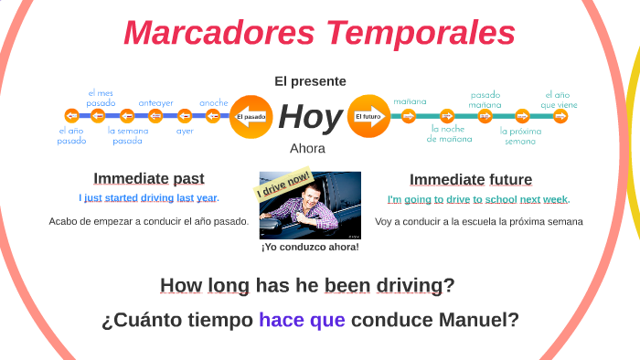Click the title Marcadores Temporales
point(319,34)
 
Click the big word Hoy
point(310,117)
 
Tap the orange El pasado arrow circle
point(251,116)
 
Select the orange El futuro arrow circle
point(368,116)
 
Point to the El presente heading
point(310,81)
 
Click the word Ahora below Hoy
point(307,148)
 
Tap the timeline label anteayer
point(155,103)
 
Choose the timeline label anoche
point(214,103)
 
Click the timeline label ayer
point(185,131)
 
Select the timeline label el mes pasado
point(101,98)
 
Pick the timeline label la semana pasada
point(127,135)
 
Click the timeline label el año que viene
point(559,99)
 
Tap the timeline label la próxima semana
point(520,135)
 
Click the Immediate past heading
point(148,178)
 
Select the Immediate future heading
point(470,179)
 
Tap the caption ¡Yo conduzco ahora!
point(310,247)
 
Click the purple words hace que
point(302,321)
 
